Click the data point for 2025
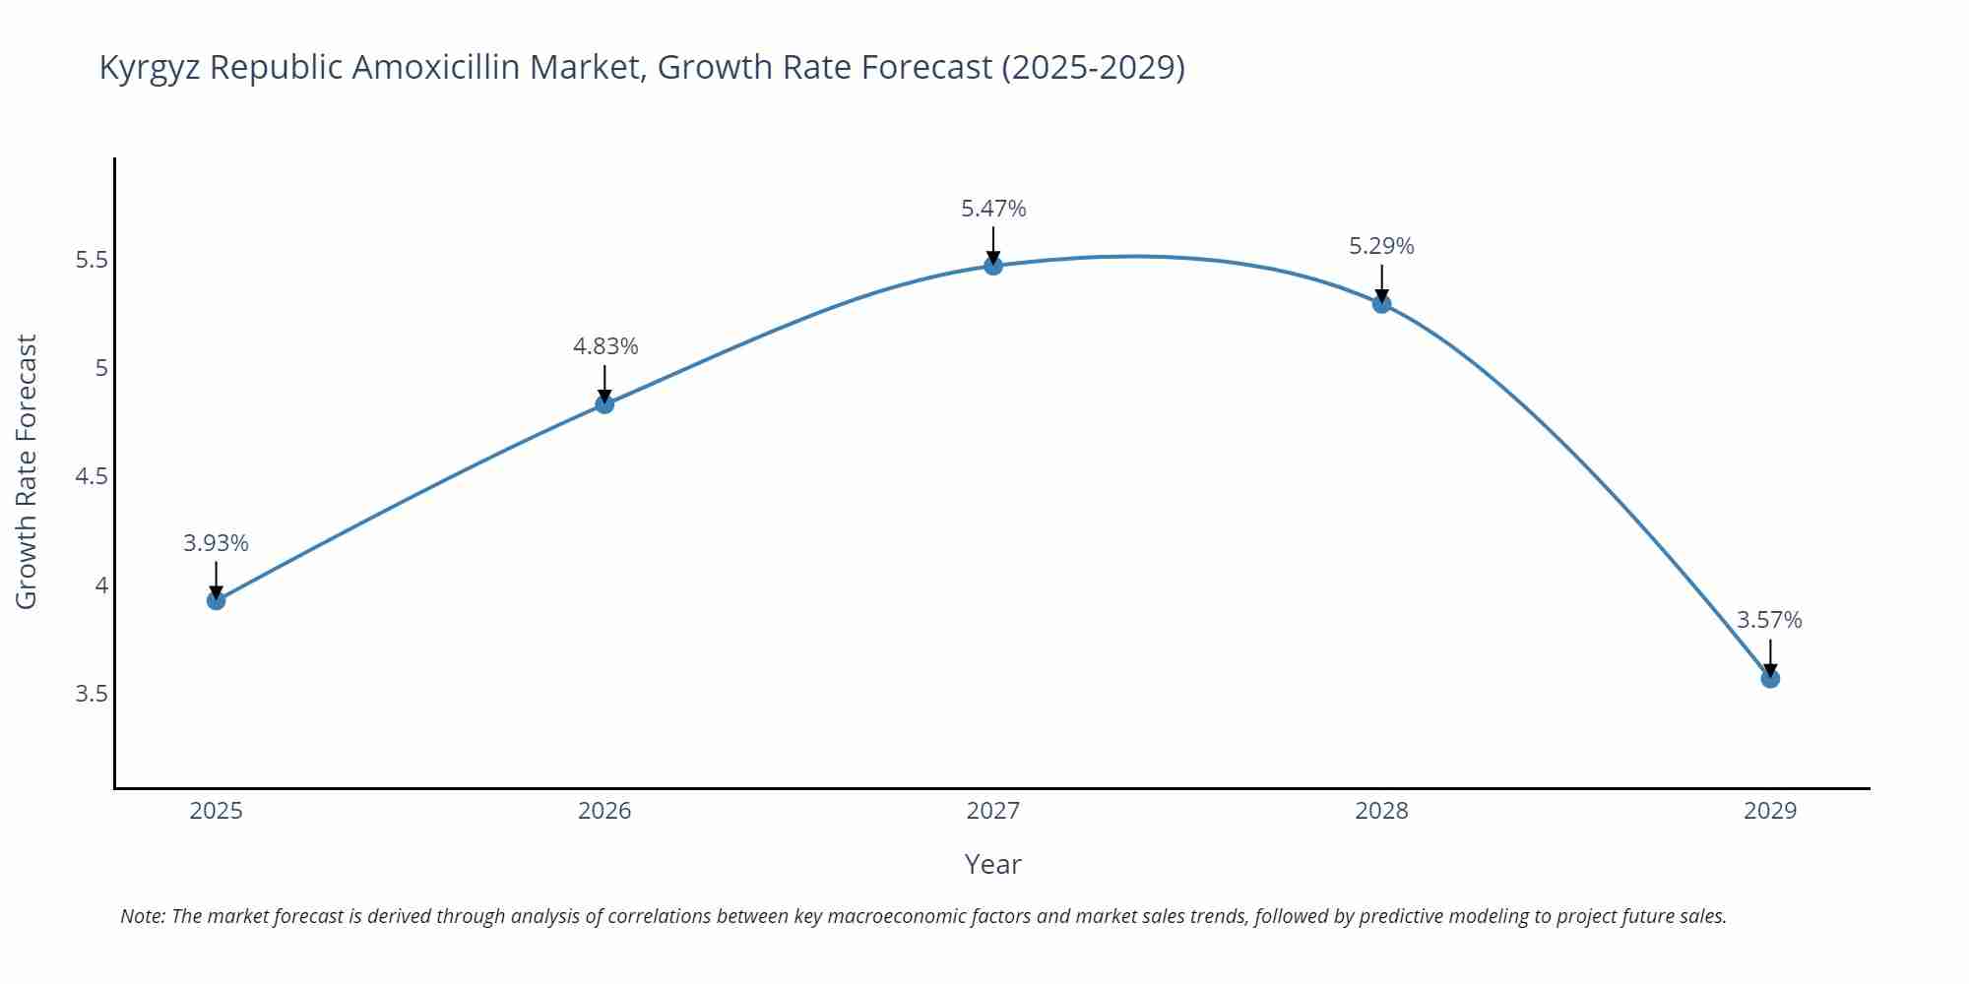[216, 600]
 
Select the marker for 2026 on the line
[604, 404]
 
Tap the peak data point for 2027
[992, 266]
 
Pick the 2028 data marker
[1381, 304]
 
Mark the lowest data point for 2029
[1769, 678]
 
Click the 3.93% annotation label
[216, 543]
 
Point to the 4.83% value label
[604, 346]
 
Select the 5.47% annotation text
[992, 209]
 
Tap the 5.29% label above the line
[1381, 246]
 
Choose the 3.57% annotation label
[1769, 620]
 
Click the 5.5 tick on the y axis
[91, 261]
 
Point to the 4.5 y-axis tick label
[91, 477]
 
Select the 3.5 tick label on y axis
[91, 694]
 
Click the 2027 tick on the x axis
[992, 811]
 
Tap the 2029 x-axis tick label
[1769, 811]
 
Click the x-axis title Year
[992, 864]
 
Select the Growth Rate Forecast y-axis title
[27, 471]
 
